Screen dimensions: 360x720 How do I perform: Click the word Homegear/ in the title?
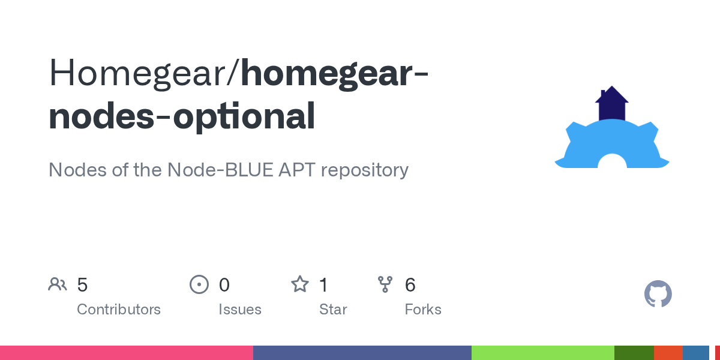145,72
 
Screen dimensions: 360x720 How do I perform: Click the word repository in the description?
365,170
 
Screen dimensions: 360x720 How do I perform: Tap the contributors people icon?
58,284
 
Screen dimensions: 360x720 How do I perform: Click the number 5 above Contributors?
82,284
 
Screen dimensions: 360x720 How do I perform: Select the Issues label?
240,310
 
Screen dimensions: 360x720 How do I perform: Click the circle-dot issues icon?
199,284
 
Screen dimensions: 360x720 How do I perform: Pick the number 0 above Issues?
224,284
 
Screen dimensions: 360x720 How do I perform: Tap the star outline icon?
300,284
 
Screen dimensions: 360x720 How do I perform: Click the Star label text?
333,310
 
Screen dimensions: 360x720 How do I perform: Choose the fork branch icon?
385,284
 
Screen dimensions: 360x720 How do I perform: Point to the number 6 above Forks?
410,284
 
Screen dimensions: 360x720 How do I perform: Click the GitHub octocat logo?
658,294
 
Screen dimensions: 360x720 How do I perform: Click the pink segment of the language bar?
126,353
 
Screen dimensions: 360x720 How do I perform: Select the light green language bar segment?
542,353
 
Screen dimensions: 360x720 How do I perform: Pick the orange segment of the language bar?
668,353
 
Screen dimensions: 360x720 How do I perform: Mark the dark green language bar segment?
634,353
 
